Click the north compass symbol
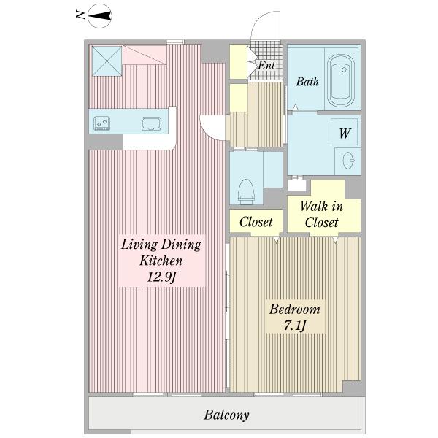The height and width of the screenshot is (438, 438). [x=100, y=16]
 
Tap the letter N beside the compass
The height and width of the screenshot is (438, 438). [x=80, y=15]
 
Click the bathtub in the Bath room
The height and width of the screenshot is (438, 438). [x=341, y=81]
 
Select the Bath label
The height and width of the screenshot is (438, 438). [x=307, y=82]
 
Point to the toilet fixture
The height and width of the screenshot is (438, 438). [x=246, y=191]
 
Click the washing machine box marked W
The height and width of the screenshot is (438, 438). [x=344, y=131]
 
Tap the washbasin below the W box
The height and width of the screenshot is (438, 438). [x=348, y=161]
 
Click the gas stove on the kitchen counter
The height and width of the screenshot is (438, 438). [x=101, y=123]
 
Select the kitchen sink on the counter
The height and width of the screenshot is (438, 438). [x=151, y=124]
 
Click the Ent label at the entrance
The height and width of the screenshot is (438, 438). [x=266, y=65]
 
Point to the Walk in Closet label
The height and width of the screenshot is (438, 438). [x=321, y=215]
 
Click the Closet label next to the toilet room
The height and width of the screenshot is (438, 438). [x=256, y=222]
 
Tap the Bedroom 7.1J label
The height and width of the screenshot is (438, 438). [x=295, y=317]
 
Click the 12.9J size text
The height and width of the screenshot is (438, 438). [x=161, y=277]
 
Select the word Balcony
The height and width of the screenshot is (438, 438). [x=226, y=415]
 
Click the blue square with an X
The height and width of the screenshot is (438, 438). [x=107, y=61]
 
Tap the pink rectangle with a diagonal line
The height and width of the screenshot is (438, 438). [x=145, y=55]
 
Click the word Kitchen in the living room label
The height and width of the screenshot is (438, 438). [x=161, y=261]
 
